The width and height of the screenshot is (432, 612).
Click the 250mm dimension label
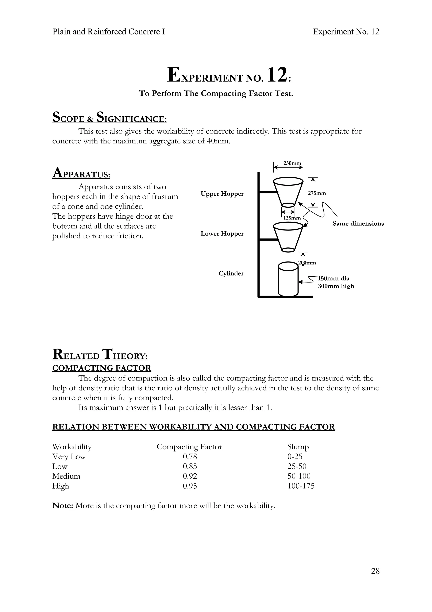point(292,163)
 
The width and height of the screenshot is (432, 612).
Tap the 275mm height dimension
point(317,193)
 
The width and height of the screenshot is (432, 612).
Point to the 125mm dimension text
point(292,218)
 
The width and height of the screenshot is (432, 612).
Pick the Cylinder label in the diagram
point(231,274)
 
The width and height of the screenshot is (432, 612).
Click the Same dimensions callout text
point(358,224)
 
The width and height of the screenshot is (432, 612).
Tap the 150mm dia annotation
point(334,279)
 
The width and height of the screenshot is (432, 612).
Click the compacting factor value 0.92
point(190,476)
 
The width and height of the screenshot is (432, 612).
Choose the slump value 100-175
point(301,486)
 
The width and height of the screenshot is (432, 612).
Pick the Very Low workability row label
point(69,457)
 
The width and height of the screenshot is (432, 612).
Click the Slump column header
point(298,447)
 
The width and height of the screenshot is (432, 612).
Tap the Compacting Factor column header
point(189,447)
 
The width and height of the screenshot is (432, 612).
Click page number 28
point(375,571)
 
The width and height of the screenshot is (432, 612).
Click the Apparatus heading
point(81,173)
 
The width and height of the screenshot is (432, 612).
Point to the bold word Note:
point(63,506)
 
